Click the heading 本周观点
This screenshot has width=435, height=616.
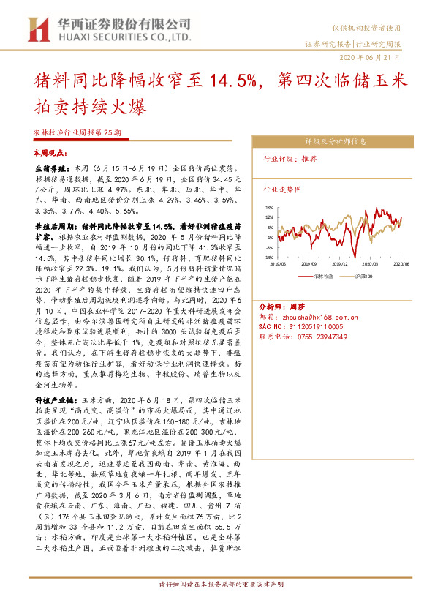tap(50, 155)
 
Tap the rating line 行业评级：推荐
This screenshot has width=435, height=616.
tap(291, 158)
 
